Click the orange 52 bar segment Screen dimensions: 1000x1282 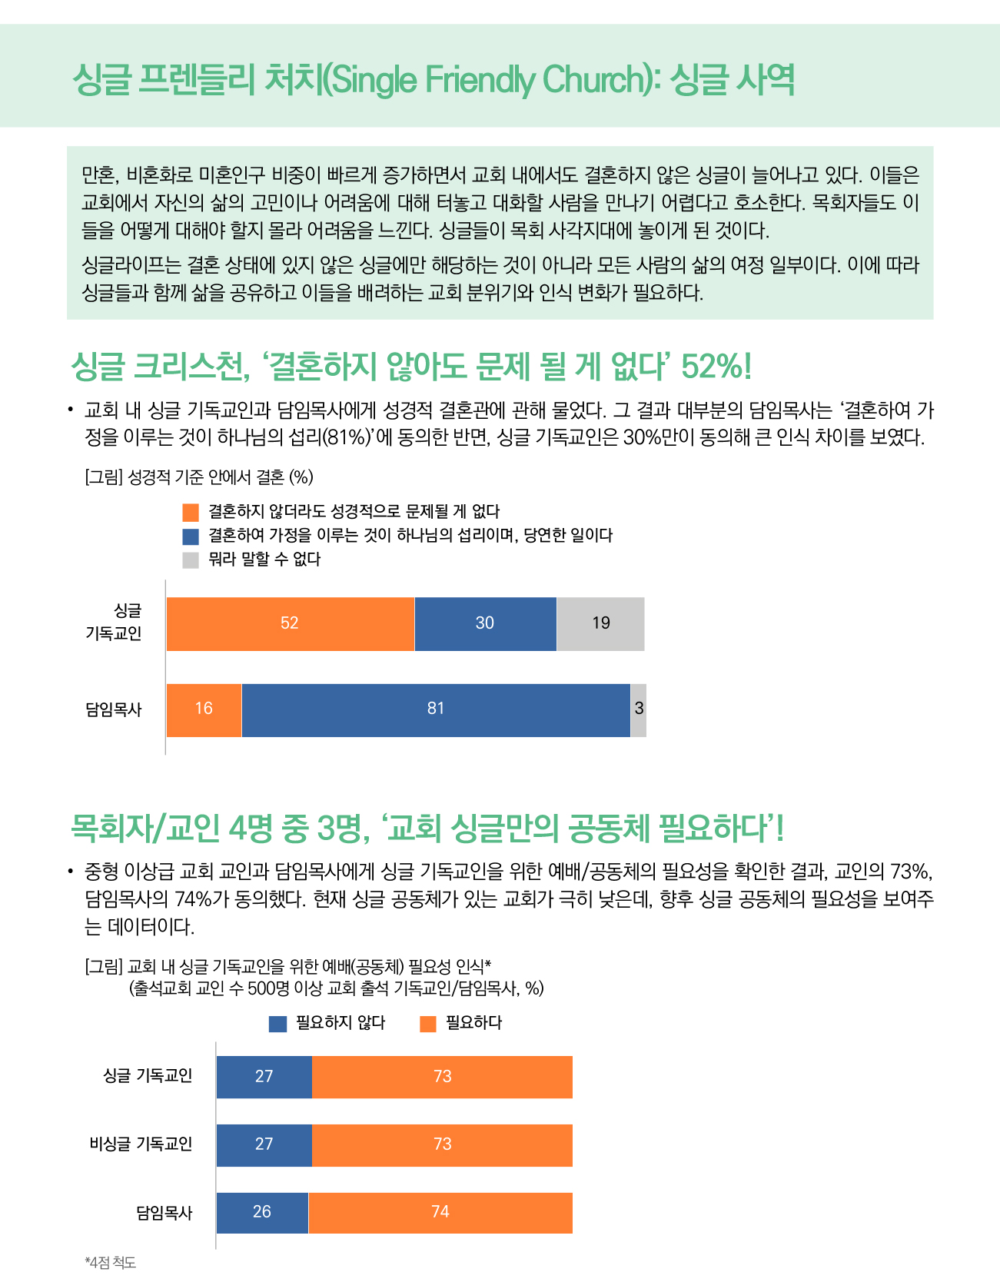[x=291, y=623]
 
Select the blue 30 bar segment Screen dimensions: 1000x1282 [x=486, y=623]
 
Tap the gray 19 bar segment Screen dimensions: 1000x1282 [x=600, y=623]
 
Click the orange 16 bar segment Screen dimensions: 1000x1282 [x=204, y=709]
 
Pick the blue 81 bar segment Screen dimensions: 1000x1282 [x=436, y=709]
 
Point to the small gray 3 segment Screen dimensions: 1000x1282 [x=638, y=709]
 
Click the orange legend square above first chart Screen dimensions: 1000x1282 [x=191, y=512]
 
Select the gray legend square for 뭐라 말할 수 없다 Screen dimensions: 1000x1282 [x=191, y=560]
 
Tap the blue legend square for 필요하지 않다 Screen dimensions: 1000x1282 [x=277, y=1024]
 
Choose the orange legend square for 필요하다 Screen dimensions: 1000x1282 [x=428, y=1024]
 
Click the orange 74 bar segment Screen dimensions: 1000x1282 [x=440, y=1213]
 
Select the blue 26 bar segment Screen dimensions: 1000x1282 [x=262, y=1213]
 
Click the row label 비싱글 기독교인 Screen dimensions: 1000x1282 [x=141, y=1144]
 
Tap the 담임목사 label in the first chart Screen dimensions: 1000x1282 [x=114, y=709]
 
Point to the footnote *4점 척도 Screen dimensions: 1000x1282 [x=110, y=1263]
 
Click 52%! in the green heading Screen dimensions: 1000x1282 [x=716, y=366]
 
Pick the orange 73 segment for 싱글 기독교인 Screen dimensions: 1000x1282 [x=442, y=1077]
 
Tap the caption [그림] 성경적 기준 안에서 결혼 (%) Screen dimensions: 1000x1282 [x=199, y=477]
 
